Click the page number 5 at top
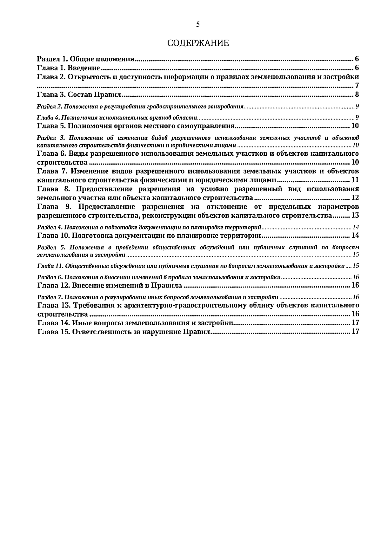point(197,24)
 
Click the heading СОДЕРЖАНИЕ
point(198,43)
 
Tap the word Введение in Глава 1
point(84,68)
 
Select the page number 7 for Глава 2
point(357,86)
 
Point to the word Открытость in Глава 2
point(87,77)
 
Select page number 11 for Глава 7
point(355,180)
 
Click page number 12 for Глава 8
point(355,198)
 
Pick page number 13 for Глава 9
point(355,216)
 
